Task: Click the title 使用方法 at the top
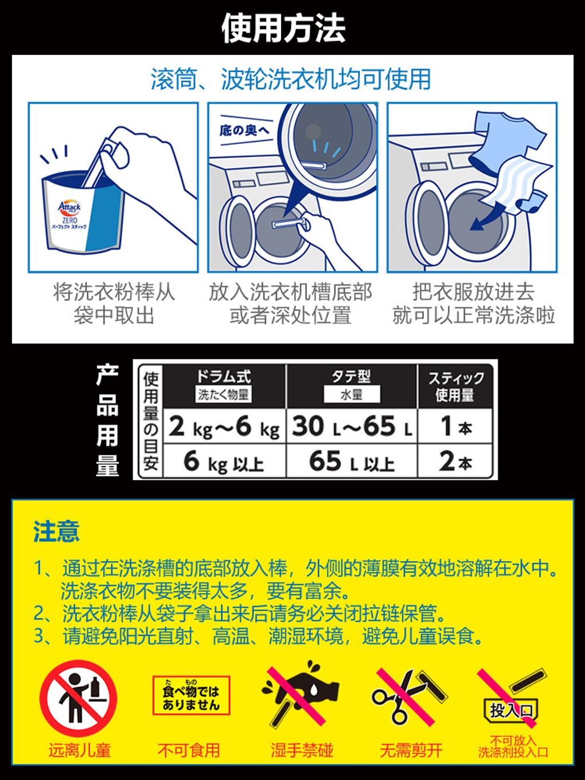(283, 29)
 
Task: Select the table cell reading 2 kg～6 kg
(224, 427)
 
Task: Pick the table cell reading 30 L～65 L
(351, 427)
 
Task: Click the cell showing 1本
(455, 427)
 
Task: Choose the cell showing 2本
(455, 461)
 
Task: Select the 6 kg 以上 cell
(224, 462)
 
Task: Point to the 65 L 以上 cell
(351, 462)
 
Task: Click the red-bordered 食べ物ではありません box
(191, 695)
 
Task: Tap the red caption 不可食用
(189, 750)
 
